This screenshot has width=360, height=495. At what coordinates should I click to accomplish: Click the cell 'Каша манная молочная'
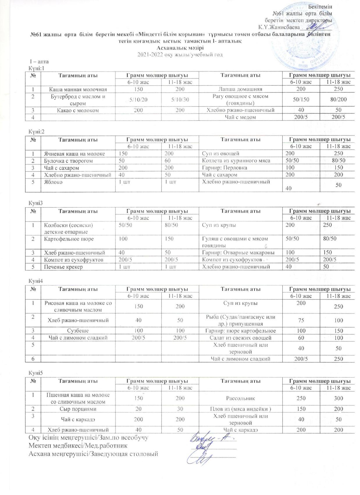[x=78, y=89]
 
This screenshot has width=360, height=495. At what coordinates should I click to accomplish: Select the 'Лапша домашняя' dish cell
[x=240, y=89]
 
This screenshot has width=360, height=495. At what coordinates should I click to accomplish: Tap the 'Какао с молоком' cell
[x=78, y=110]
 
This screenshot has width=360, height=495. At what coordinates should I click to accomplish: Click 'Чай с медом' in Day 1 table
[x=240, y=117]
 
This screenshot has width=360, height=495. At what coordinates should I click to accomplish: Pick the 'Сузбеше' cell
[x=78, y=331]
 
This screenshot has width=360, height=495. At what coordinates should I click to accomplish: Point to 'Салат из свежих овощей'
[x=240, y=338]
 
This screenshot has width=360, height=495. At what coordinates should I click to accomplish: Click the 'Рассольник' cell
[x=240, y=398]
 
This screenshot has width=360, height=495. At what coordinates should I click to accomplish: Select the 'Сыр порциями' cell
[x=78, y=409]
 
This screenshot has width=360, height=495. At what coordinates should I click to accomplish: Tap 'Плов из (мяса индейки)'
[x=240, y=409]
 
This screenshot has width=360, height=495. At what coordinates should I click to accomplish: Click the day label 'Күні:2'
[x=36, y=131]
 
